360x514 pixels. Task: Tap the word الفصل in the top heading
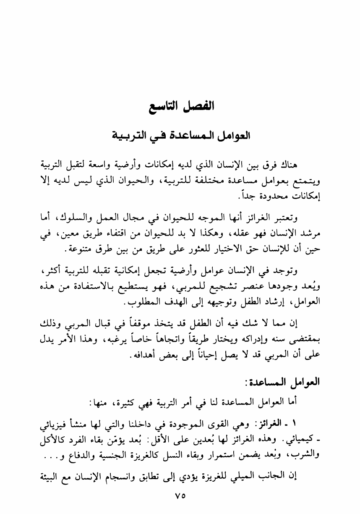pos(199,105)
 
